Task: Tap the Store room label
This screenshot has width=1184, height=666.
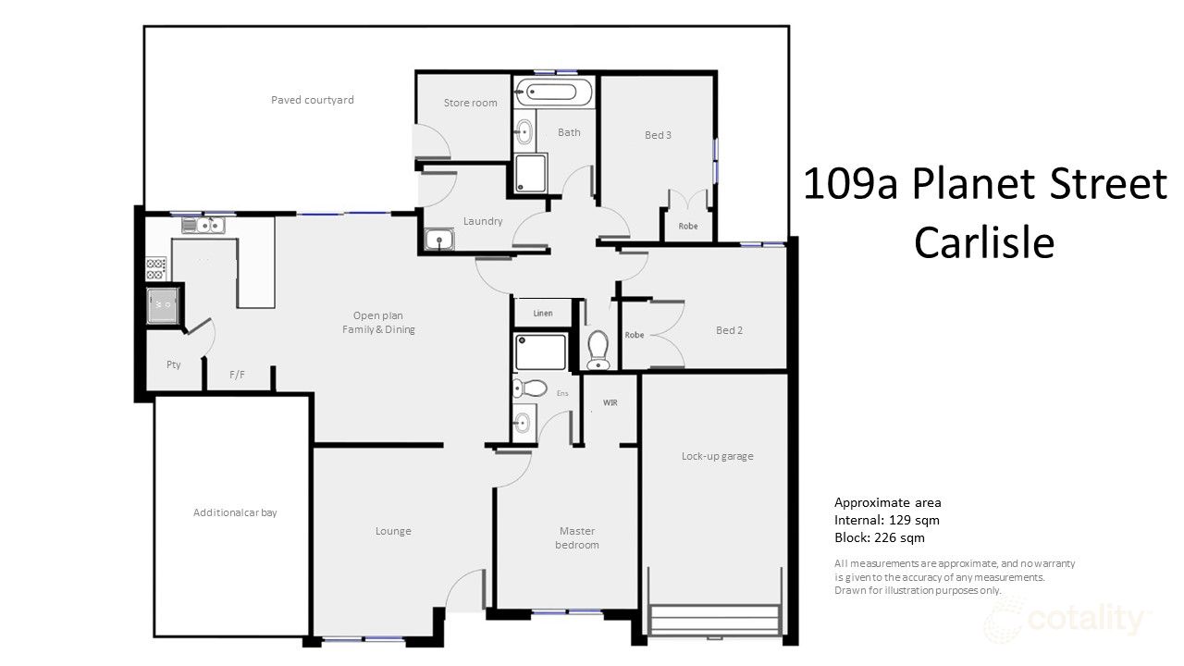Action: coord(470,103)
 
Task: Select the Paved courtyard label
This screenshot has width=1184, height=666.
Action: coord(312,100)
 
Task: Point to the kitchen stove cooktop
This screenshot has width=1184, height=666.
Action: coord(155,269)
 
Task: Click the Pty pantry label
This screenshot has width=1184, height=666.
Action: coord(173,364)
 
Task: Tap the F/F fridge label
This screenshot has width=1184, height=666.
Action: coord(237,375)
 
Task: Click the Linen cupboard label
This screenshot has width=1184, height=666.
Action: coord(543,314)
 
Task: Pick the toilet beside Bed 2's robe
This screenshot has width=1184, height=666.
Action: coord(598,348)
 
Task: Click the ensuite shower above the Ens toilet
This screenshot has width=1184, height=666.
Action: coord(540,353)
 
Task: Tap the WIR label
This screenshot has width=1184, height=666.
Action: coord(610,403)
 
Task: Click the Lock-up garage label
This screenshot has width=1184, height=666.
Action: coord(717,456)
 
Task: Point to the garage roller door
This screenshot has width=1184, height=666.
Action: coord(715,618)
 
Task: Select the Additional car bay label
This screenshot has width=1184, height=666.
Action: coord(234,512)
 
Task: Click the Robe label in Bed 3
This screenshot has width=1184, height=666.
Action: coord(687,226)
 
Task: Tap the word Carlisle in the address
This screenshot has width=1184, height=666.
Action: coord(984,243)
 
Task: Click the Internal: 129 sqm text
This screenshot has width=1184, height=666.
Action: coord(886,520)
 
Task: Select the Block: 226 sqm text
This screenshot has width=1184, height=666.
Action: coord(879,537)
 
